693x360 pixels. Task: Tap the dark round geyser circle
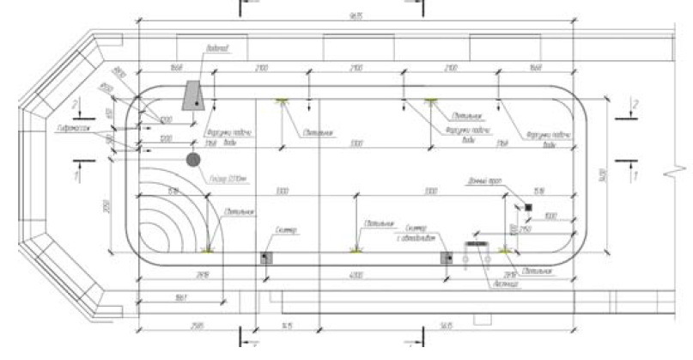tap(193, 159)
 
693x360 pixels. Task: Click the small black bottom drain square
tap(528, 208)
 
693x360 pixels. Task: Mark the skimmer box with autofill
tap(445, 257)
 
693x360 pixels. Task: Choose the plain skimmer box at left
tap(265, 257)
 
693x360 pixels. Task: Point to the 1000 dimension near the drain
tap(550, 216)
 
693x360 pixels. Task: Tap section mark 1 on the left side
tap(78, 174)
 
